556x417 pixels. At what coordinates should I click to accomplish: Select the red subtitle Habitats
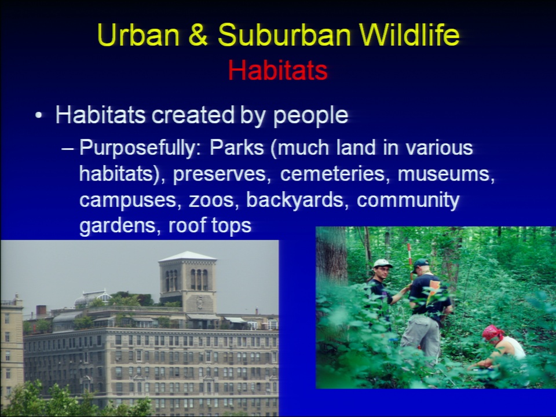277,70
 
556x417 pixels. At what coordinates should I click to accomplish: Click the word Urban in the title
138,35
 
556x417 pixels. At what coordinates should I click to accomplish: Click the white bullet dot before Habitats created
39,116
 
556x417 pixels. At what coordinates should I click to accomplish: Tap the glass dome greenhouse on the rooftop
93,299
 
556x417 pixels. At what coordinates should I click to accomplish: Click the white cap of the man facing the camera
382,264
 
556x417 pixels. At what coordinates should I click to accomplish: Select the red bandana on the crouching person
492,332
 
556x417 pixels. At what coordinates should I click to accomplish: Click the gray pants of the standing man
421,337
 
